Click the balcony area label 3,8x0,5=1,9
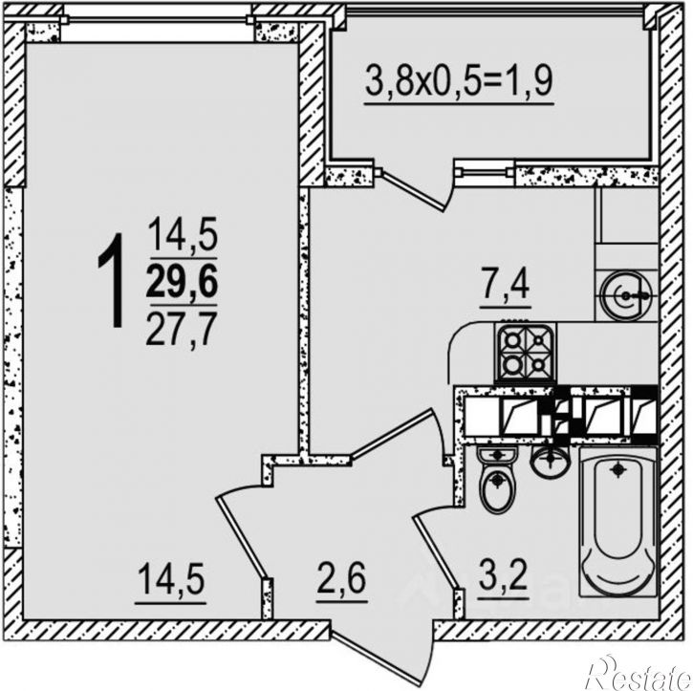(459, 82)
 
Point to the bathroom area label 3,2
(504, 574)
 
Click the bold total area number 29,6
(182, 282)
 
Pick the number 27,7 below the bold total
(182, 328)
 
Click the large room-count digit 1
(111, 281)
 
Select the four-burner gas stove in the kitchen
(526, 353)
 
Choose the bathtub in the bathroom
(618, 521)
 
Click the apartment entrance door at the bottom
(381, 654)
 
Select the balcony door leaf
(413, 191)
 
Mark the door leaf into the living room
(241, 537)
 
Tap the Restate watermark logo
(640, 673)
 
